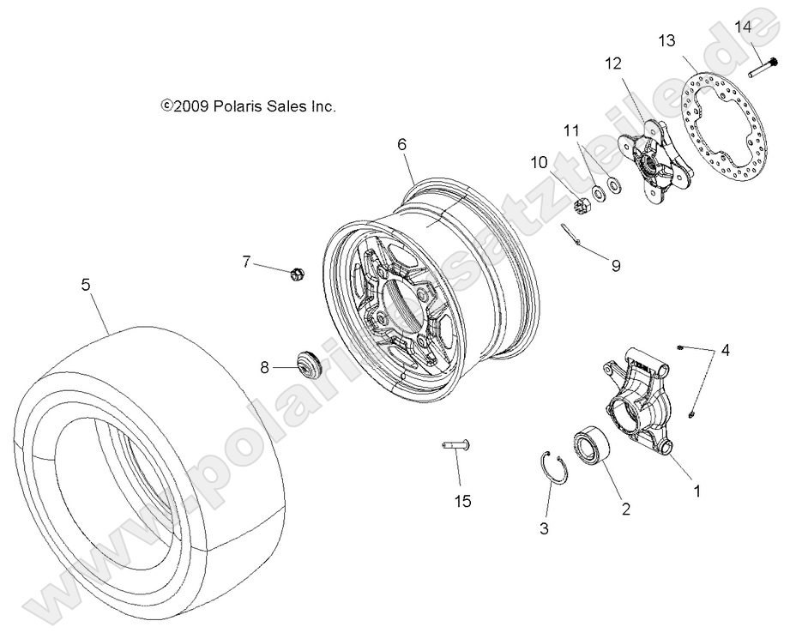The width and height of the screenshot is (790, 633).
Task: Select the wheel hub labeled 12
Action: click(x=655, y=160)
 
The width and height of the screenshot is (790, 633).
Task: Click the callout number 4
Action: click(x=726, y=350)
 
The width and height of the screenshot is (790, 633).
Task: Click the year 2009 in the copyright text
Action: click(x=188, y=106)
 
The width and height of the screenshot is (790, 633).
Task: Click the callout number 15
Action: click(x=461, y=500)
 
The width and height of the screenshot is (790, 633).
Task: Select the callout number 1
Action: click(x=697, y=491)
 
